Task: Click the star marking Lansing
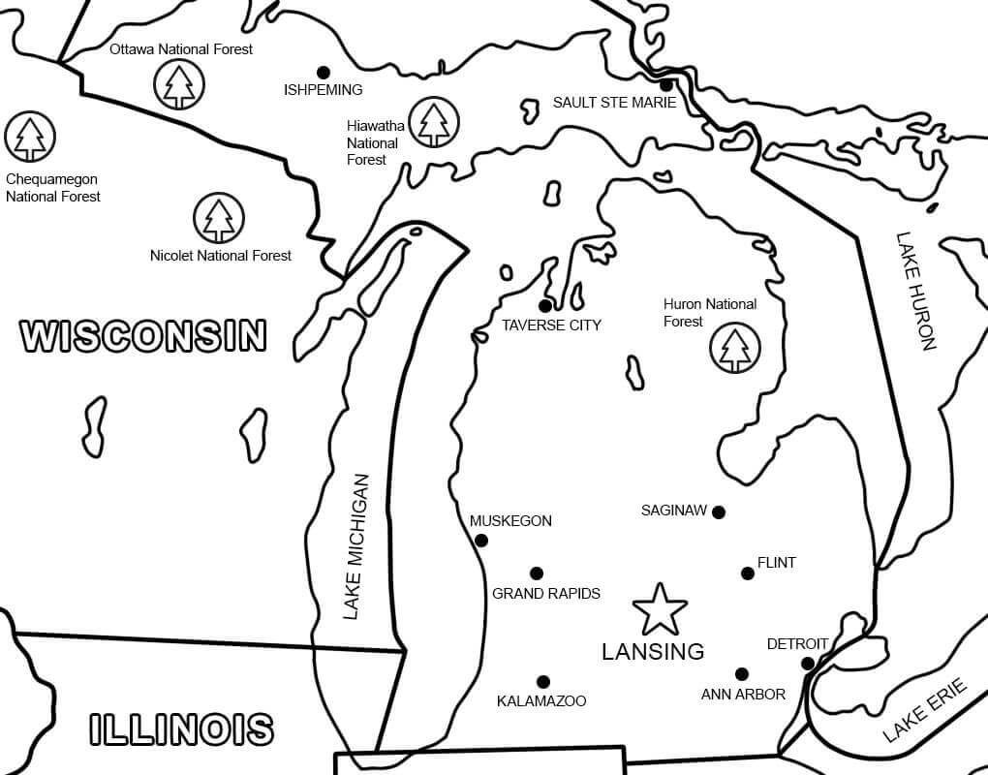click(660, 609)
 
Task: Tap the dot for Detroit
click(807, 664)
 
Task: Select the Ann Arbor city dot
click(741, 674)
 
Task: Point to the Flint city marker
click(747, 573)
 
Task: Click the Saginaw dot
click(718, 512)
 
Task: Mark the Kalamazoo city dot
click(542, 682)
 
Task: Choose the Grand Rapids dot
click(537, 573)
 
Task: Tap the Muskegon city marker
click(481, 541)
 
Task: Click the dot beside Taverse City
click(544, 306)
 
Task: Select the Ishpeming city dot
click(323, 72)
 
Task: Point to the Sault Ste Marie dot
click(666, 85)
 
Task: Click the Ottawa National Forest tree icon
click(179, 83)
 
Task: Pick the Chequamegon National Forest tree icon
click(30, 137)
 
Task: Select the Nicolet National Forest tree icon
click(219, 218)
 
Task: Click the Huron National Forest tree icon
click(735, 347)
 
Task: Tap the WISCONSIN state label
click(143, 335)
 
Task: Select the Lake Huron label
click(915, 290)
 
